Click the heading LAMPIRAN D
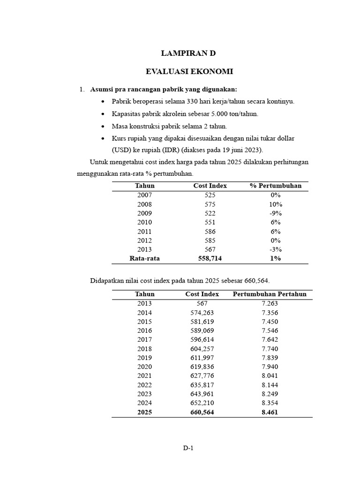click(x=189, y=53)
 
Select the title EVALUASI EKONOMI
click(x=189, y=72)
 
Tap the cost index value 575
click(x=210, y=204)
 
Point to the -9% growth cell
click(x=276, y=213)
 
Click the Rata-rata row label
click(x=144, y=258)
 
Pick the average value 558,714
click(x=210, y=258)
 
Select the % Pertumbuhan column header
click(x=276, y=186)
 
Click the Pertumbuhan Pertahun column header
click(x=270, y=294)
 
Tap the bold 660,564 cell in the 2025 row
click(x=202, y=412)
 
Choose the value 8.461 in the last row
click(x=270, y=412)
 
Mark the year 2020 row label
click(x=144, y=367)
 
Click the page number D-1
click(x=188, y=448)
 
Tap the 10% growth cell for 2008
click(x=276, y=204)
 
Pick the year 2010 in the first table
click(x=144, y=223)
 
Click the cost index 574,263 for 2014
click(x=202, y=313)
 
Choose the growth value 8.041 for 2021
click(x=270, y=376)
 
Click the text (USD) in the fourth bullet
click(x=121, y=150)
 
